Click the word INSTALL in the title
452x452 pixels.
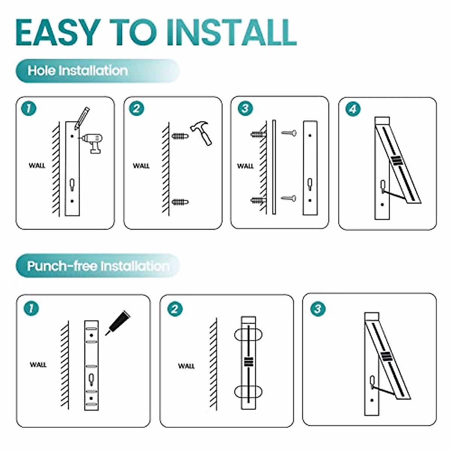(x=232, y=32)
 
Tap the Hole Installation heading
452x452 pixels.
(x=78, y=70)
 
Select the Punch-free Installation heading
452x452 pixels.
(x=98, y=266)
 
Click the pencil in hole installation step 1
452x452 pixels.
(x=82, y=118)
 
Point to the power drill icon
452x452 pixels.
(x=92, y=143)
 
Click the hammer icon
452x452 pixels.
(x=201, y=133)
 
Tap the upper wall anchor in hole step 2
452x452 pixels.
(x=180, y=136)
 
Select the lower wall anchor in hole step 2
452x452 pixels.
(x=180, y=202)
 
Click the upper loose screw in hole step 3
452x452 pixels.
(x=289, y=133)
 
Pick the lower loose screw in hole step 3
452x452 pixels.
(x=289, y=199)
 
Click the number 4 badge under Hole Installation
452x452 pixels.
(x=353, y=109)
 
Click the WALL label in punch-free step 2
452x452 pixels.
(x=186, y=366)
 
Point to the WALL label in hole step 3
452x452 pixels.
(x=245, y=166)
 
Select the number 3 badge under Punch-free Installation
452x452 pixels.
(x=318, y=309)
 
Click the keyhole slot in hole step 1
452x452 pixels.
(x=72, y=185)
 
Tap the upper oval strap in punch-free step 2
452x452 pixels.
(x=248, y=335)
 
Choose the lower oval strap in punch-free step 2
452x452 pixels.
(x=248, y=392)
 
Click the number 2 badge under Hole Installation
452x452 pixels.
(x=136, y=108)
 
